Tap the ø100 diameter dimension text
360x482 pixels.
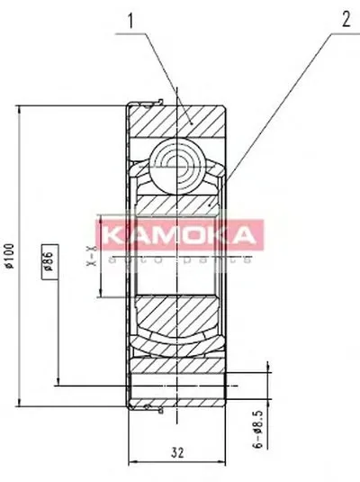click(x=10, y=258)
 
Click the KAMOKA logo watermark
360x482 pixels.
click(x=180, y=236)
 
